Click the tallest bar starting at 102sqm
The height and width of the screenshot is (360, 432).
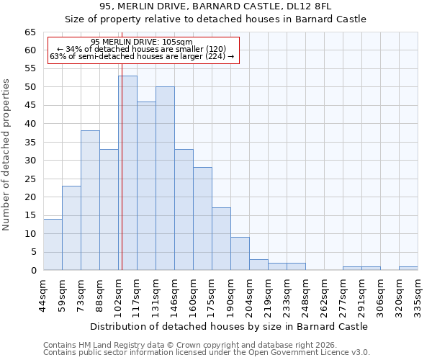point(127,173)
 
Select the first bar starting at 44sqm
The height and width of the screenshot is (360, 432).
point(53,245)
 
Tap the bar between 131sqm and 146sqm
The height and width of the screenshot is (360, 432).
point(184,210)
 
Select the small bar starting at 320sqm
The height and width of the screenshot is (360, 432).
point(408,269)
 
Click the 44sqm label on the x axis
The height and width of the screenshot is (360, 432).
point(44,294)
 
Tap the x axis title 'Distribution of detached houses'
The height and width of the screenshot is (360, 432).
point(230,326)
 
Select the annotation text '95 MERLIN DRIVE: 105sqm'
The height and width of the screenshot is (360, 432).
point(142,42)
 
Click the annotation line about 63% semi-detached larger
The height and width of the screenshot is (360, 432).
point(142,56)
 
